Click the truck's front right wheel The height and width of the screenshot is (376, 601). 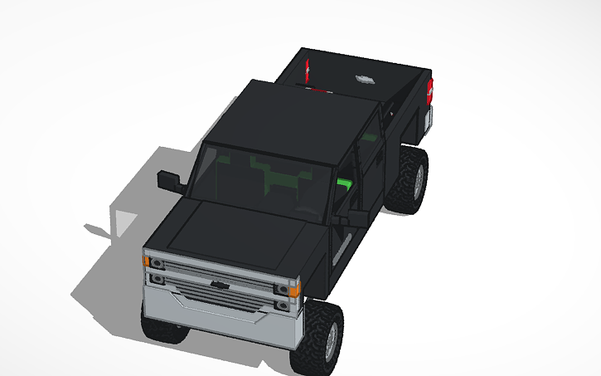pyautogui.click(x=324, y=336)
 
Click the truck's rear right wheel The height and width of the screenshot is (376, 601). pyautogui.click(x=413, y=178)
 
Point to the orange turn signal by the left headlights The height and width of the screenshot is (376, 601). pyautogui.click(x=147, y=261)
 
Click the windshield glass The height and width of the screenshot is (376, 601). pyautogui.click(x=257, y=178)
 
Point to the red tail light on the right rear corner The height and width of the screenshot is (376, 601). pyautogui.click(x=429, y=90)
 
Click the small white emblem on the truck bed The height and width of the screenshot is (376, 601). pyautogui.click(x=362, y=79)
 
